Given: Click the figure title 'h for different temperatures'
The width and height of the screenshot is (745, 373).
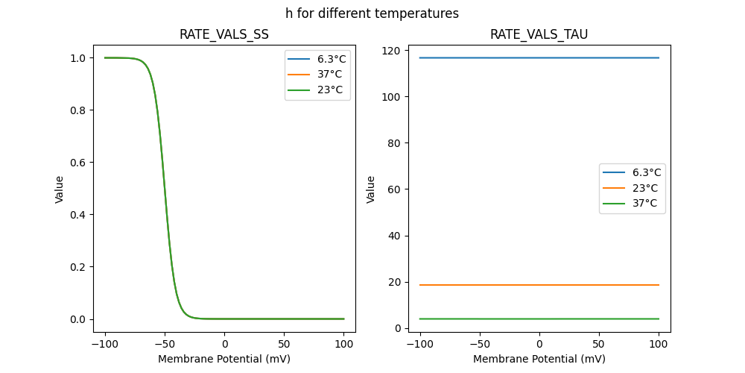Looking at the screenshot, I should [x=372, y=13].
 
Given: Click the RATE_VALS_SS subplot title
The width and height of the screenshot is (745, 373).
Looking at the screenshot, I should [x=223, y=34].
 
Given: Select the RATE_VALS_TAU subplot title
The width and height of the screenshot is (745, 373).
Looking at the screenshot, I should [x=539, y=34].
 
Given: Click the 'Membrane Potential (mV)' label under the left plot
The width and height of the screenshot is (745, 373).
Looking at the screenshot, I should [x=223, y=359].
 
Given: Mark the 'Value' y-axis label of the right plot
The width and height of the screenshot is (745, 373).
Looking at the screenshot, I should [x=370, y=189].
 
